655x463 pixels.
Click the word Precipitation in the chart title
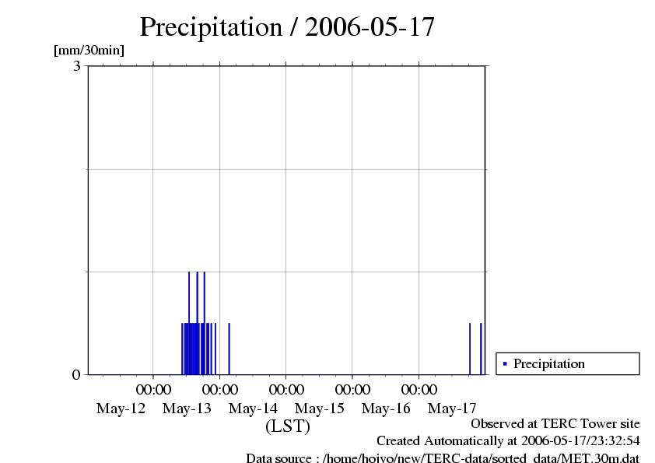click(x=210, y=27)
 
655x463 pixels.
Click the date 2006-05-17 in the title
click(x=370, y=27)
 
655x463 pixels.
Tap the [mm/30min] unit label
click(x=89, y=51)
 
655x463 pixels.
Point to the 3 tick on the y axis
click(x=77, y=66)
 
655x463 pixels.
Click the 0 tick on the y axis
click(x=76, y=375)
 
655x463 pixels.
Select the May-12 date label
click(x=121, y=409)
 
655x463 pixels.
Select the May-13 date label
click(x=187, y=409)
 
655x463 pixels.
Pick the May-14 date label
click(x=254, y=409)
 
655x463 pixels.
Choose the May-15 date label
click(x=320, y=409)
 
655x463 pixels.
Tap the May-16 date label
click(x=386, y=409)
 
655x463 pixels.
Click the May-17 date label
click(x=453, y=409)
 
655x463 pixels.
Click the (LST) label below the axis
click(x=287, y=426)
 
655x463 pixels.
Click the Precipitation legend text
click(x=548, y=363)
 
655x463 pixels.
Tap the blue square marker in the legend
click(x=505, y=363)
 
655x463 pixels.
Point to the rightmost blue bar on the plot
click(x=481, y=349)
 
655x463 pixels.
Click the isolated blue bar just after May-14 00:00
click(x=229, y=349)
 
